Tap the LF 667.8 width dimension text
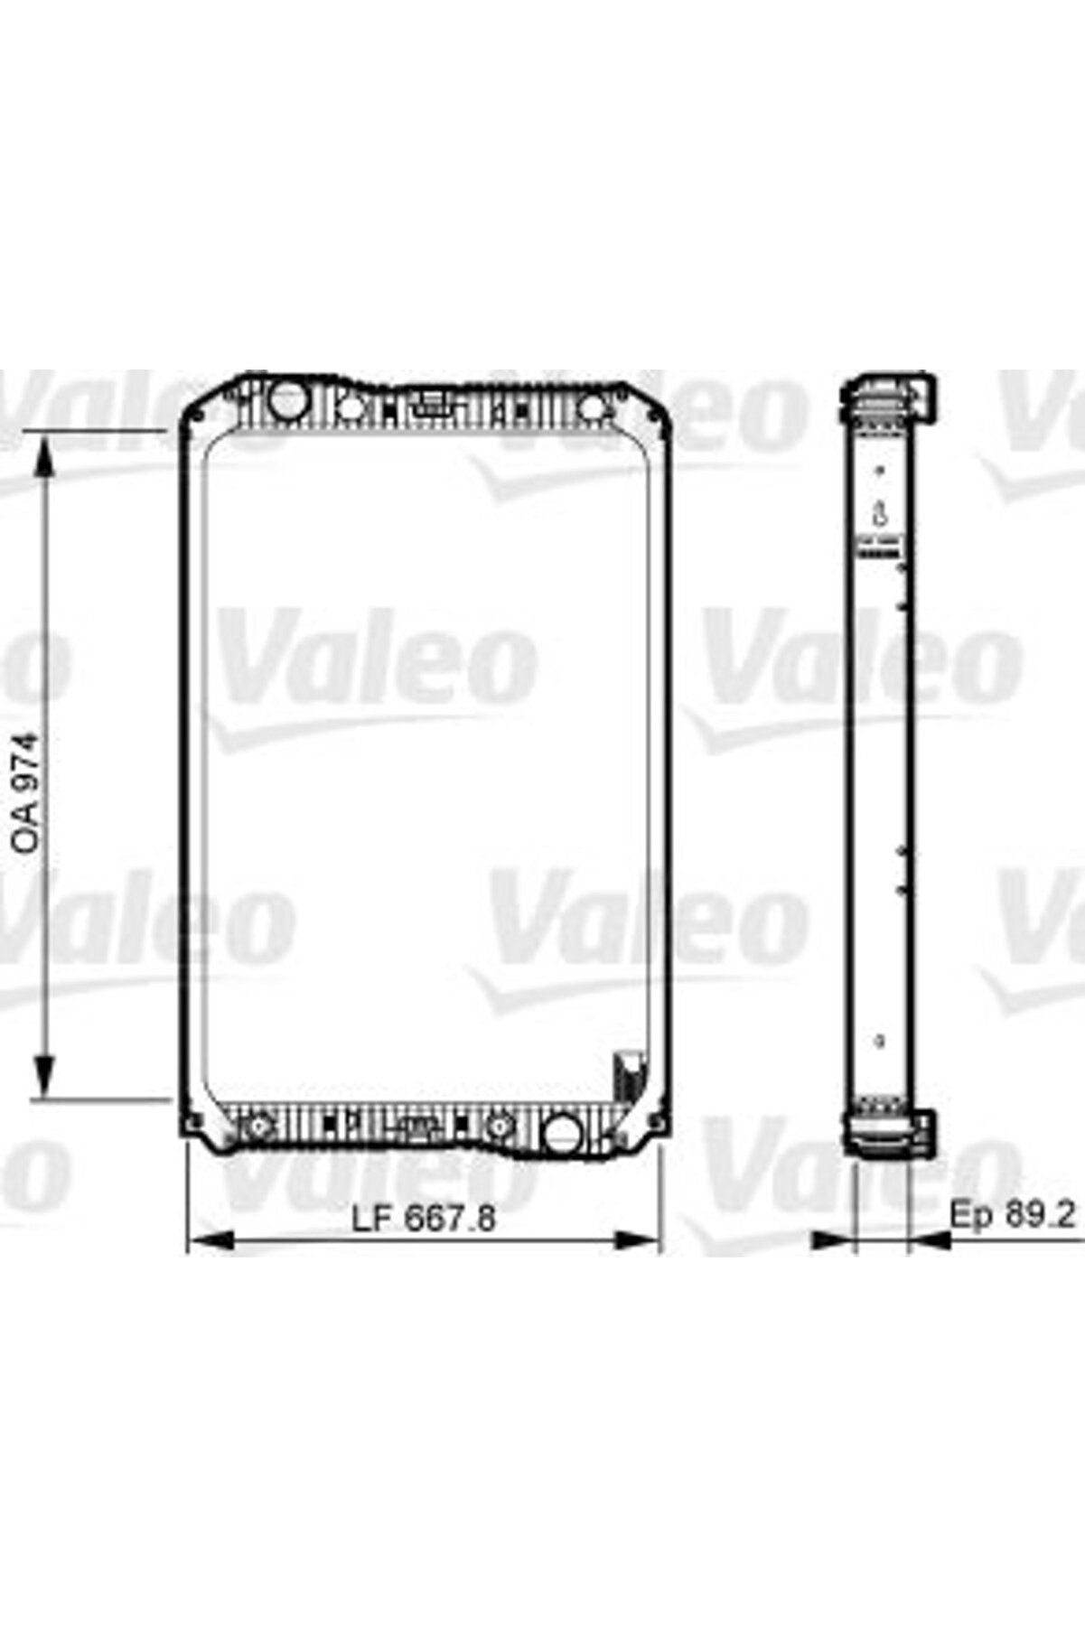click(x=424, y=1219)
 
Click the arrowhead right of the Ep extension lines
click(x=931, y=1242)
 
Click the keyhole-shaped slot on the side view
click(x=878, y=515)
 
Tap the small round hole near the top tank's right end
click(x=591, y=407)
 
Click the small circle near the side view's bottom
click(x=880, y=1042)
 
